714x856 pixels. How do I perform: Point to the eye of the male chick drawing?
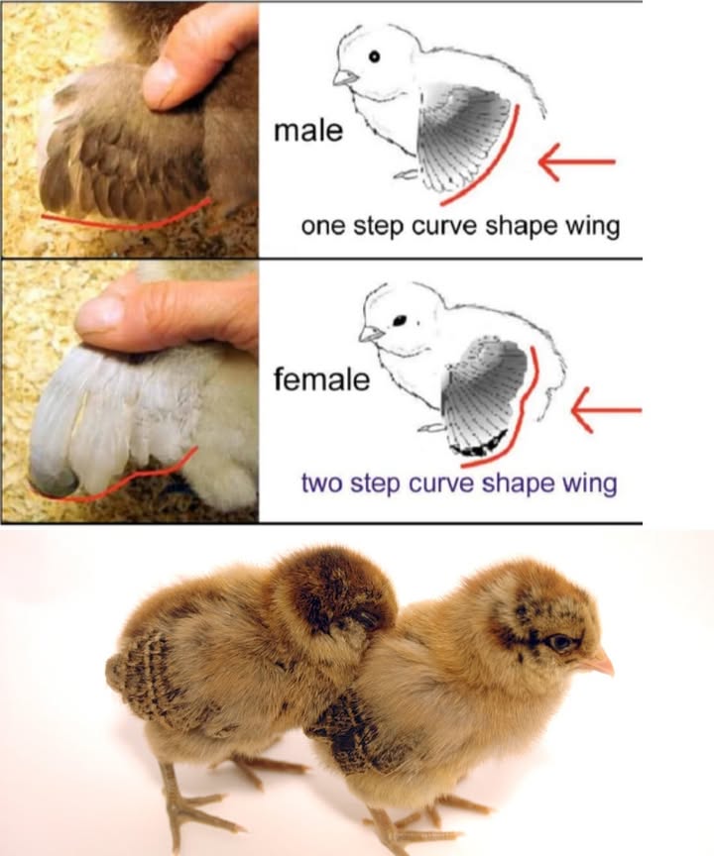click(x=374, y=57)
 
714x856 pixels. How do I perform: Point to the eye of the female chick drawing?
click(x=402, y=320)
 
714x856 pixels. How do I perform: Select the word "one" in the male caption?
click(x=322, y=226)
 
